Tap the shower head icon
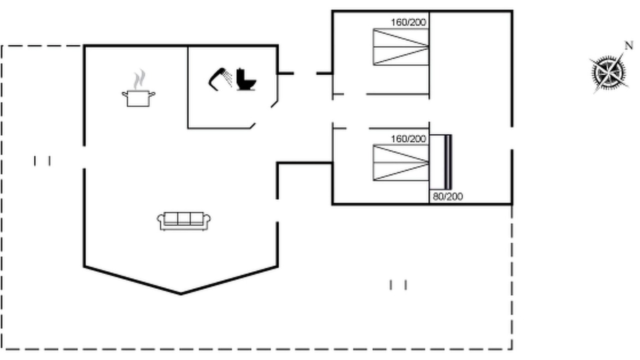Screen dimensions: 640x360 (x=220, y=79)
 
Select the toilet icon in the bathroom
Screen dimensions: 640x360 (x=246, y=79)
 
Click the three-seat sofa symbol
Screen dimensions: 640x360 (x=183, y=221)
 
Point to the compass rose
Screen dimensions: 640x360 (x=608, y=73)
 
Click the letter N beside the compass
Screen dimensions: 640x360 (x=628, y=45)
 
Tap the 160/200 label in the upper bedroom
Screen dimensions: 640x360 (x=408, y=22)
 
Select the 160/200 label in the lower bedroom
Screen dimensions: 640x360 (x=408, y=139)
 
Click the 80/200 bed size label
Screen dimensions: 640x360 (x=447, y=196)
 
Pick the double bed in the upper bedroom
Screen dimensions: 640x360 (x=401, y=47)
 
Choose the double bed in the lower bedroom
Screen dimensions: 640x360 (x=401, y=163)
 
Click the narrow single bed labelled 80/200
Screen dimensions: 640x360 (x=440, y=162)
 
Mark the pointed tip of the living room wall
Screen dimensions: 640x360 (x=181, y=293)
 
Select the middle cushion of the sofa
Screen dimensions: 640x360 (x=183, y=218)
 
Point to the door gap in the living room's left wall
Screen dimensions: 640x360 (x=84, y=157)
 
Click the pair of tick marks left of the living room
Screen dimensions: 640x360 (x=42, y=161)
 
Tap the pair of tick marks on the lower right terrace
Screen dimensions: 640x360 (x=398, y=285)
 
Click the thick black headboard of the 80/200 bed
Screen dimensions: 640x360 (x=448, y=162)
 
